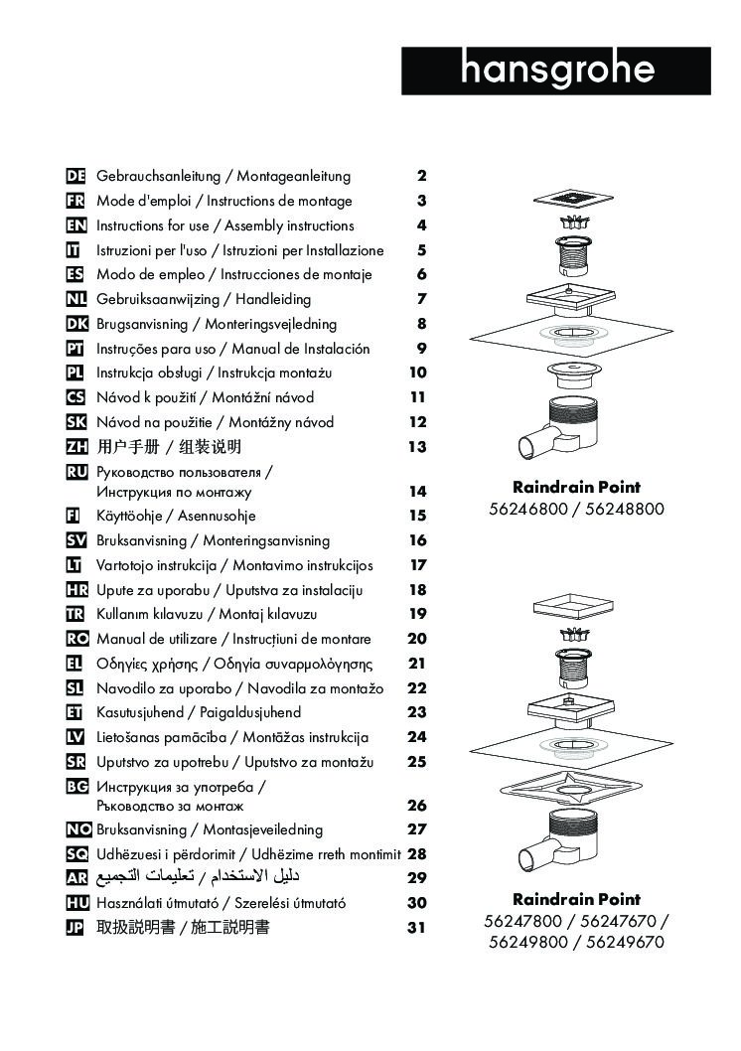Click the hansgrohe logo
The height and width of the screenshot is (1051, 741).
click(557, 71)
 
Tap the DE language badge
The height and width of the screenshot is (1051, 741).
click(75, 177)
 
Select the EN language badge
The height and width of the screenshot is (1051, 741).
click(75, 225)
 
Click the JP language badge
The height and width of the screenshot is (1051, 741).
click(75, 928)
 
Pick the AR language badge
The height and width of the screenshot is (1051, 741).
click(75, 878)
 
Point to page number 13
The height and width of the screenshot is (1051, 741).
click(417, 447)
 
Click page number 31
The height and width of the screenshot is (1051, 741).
click(417, 928)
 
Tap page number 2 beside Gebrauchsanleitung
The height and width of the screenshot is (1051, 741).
click(421, 177)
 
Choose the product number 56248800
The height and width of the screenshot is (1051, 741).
click(624, 510)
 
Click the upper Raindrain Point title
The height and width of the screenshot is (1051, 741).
click(576, 488)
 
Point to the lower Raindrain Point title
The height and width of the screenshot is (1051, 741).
click(576, 900)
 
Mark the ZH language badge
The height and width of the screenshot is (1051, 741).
click(75, 447)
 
